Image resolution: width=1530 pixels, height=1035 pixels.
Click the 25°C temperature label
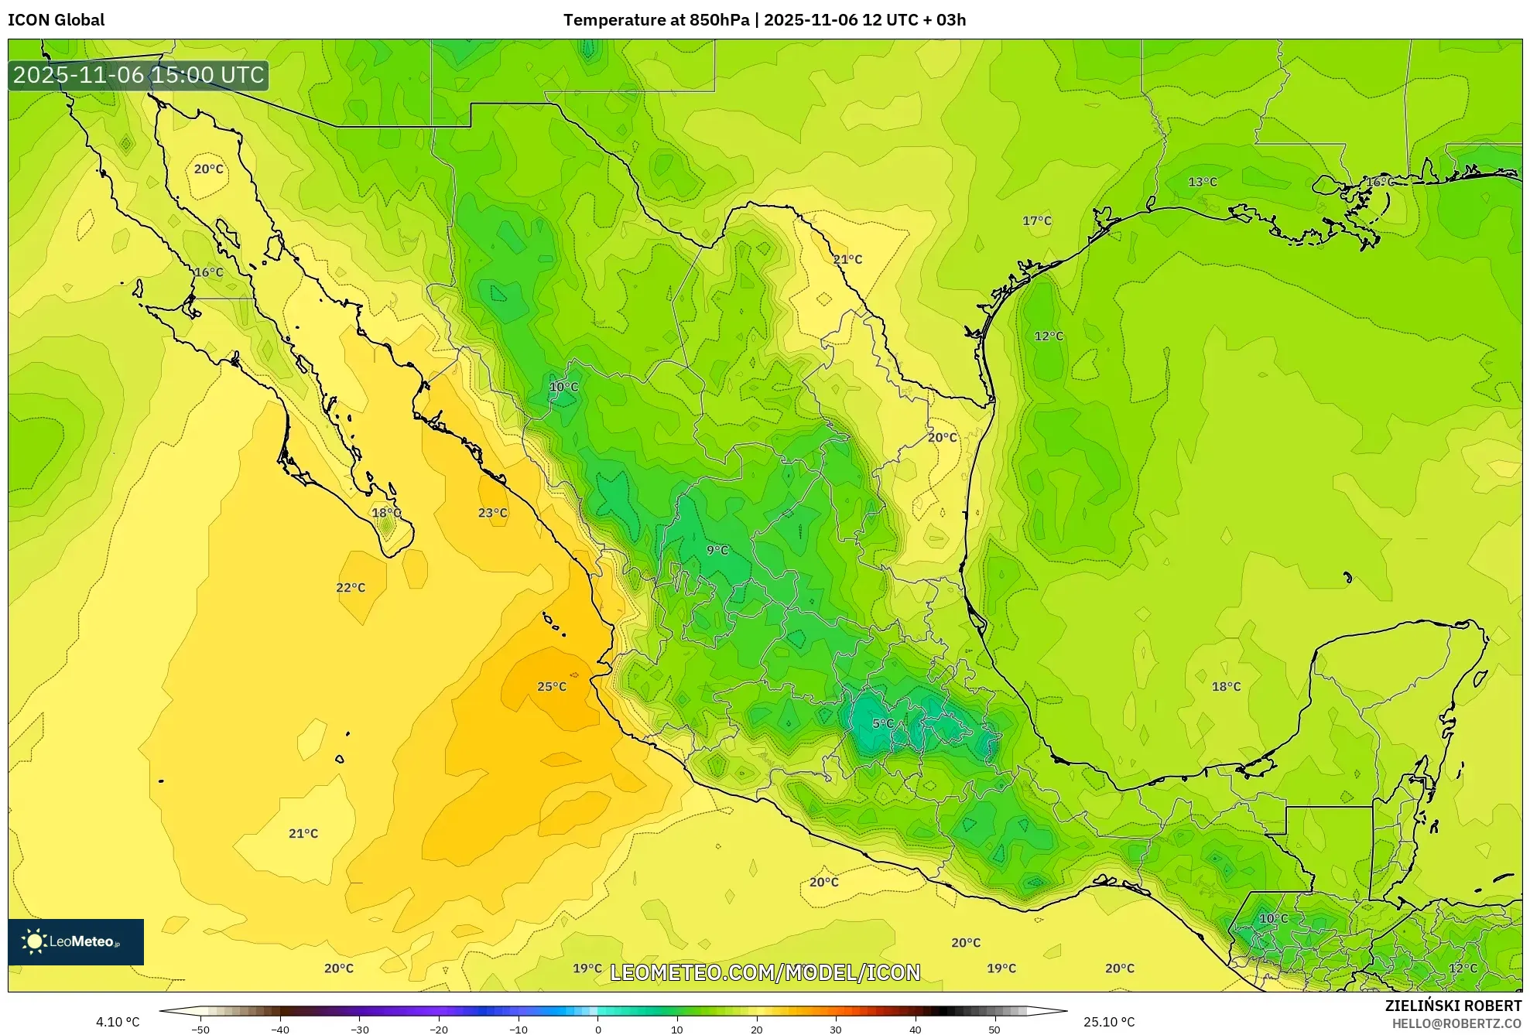552,686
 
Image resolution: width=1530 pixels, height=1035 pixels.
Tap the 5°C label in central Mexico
883,723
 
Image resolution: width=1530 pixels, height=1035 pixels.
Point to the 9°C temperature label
717,550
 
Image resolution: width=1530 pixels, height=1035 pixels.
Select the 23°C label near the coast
492,513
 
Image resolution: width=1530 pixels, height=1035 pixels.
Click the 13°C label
1203,182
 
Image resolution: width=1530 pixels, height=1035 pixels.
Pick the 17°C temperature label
1037,220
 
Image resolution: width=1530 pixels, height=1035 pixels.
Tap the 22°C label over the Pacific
351,587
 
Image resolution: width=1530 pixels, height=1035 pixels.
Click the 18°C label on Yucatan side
1226,686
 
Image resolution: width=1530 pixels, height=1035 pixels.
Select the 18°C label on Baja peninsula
386,513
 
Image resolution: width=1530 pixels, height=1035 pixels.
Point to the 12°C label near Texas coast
1049,336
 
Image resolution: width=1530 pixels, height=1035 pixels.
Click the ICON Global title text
56,20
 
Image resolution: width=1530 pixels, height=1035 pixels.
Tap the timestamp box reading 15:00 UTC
139,75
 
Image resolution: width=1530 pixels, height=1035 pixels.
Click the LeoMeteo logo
76,941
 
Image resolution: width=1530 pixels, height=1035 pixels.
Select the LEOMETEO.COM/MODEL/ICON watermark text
765,972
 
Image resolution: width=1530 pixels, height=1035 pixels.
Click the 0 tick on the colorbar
597,1030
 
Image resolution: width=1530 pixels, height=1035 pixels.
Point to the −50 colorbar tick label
200,1030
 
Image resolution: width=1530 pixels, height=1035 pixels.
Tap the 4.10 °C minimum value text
118,1022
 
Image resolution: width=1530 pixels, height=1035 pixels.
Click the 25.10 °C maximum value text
1109,1022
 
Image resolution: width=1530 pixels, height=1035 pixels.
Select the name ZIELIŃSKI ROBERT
1453,1006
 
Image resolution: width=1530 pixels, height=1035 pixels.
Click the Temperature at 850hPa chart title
764,20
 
